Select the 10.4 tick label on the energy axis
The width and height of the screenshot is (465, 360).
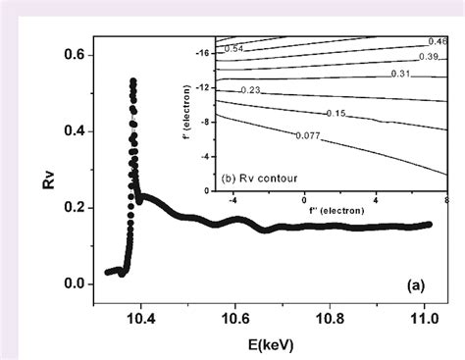141,319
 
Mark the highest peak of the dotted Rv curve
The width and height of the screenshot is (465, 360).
132,81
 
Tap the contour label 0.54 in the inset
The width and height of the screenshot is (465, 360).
234,48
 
